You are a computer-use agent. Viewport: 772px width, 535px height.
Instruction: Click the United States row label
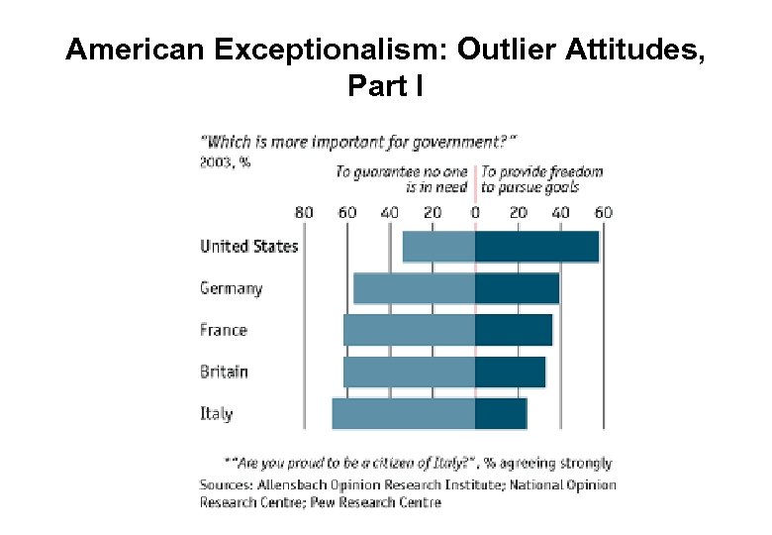pos(248,246)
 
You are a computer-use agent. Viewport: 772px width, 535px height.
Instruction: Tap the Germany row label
pos(231,288)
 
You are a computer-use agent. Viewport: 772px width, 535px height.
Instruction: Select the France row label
pos(224,330)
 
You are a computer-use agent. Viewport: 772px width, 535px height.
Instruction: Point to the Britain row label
pos(225,372)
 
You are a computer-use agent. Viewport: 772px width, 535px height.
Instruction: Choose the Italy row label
pos(217,413)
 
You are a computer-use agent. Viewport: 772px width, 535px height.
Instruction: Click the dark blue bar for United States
pos(536,247)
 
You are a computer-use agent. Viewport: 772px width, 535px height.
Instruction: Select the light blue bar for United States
pos(438,247)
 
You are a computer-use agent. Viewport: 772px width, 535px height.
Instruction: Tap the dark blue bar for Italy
pos(501,413)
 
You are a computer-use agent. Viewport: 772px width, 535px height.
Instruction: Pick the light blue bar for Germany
pos(414,288)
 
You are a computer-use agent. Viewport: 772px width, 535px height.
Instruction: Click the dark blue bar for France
pos(514,330)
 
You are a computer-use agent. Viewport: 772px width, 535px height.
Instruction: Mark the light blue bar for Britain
pos(409,372)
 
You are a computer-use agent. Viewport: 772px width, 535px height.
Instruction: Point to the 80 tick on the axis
pos(304,212)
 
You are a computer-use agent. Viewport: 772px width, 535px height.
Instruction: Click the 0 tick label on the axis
pos(475,212)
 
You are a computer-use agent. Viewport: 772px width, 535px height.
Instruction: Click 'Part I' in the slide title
pos(385,87)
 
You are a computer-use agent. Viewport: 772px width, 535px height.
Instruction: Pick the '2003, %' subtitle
pos(225,162)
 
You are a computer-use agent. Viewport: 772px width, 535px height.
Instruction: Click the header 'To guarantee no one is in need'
pos(401,179)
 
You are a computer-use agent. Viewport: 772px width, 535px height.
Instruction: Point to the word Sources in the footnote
pos(226,484)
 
